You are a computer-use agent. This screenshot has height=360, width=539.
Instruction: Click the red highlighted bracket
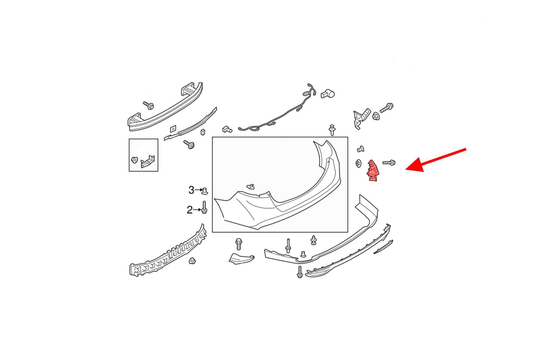(x=372, y=170)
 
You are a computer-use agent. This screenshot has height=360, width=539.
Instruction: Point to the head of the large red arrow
(x=407, y=169)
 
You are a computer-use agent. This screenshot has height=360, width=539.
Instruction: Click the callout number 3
(x=191, y=190)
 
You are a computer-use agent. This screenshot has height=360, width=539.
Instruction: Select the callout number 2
(x=190, y=210)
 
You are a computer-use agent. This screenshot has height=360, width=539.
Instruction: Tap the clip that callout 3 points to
(x=204, y=191)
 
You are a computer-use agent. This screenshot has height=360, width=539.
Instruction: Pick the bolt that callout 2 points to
(x=204, y=207)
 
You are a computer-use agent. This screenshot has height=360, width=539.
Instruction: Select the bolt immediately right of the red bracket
(x=389, y=163)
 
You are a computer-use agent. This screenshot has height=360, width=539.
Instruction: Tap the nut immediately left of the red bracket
(x=358, y=163)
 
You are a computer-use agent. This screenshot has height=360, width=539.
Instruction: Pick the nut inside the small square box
(x=134, y=160)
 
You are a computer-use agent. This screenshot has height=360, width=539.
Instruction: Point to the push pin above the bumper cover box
(x=332, y=130)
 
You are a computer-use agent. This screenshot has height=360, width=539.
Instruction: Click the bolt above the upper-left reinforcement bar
(x=149, y=105)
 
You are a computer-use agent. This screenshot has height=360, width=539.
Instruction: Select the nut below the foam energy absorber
(x=192, y=261)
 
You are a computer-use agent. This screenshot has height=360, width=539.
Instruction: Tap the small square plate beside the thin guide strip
(x=173, y=129)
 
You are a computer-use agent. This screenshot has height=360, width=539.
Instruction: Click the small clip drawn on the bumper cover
(x=251, y=187)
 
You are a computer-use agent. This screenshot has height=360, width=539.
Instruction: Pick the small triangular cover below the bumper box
(x=241, y=259)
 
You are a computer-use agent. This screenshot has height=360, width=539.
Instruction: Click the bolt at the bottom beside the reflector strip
(x=300, y=272)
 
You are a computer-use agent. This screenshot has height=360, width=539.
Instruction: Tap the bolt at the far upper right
(x=386, y=108)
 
